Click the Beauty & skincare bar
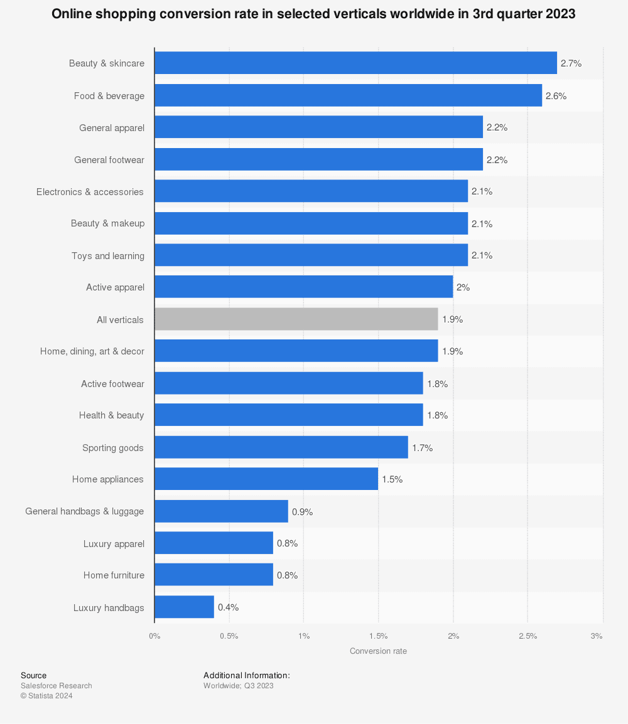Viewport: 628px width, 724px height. pyautogui.click(x=355, y=63)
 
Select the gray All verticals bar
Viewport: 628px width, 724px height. pyautogui.click(x=296, y=319)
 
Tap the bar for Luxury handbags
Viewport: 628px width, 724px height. pyautogui.click(x=184, y=607)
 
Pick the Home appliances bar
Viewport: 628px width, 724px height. pyautogui.click(x=266, y=479)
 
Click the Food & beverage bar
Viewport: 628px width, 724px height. pyautogui.click(x=348, y=95)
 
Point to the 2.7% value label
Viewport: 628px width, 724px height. pyautogui.click(x=571, y=63)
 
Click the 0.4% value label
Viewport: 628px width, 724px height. pyautogui.click(x=228, y=607)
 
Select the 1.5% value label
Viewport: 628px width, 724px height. pyautogui.click(x=392, y=479)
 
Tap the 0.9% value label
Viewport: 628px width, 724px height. pyautogui.click(x=302, y=511)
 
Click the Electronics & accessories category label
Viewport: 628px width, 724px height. pyautogui.click(x=90, y=191)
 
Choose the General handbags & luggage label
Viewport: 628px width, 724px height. pyautogui.click(x=84, y=511)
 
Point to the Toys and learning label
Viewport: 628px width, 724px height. pyautogui.click(x=107, y=255)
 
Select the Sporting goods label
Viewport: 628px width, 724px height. pyautogui.click(x=112, y=448)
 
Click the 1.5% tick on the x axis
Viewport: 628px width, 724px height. pyautogui.click(x=378, y=636)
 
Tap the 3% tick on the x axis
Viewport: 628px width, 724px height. pyautogui.click(x=597, y=636)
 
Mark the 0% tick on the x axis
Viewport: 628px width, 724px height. pyautogui.click(x=154, y=636)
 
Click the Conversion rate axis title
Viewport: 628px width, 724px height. pyautogui.click(x=378, y=651)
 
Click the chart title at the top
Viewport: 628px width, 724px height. pyautogui.click(x=313, y=14)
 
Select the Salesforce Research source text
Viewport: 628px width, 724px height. pyautogui.click(x=56, y=686)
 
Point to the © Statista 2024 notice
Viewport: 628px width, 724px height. pyautogui.click(x=46, y=695)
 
